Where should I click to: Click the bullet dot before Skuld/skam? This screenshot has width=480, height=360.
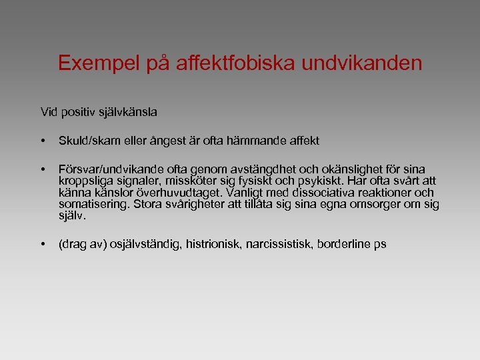[x=43, y=141]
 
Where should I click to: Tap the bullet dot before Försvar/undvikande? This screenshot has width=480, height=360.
[x=43, y=169]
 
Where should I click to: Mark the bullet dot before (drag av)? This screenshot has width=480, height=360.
[x=43, y=245]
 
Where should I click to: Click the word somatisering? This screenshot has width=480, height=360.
[x=93, y=204]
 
